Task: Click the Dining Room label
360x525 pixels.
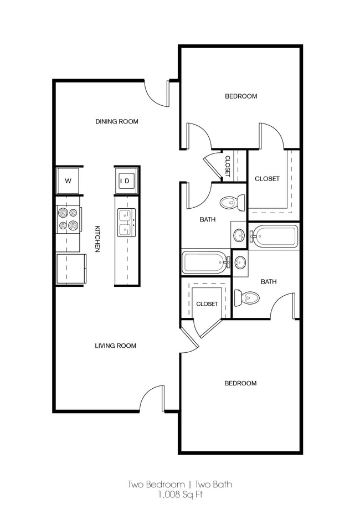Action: (116, 121)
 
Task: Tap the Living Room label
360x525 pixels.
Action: (115, 346)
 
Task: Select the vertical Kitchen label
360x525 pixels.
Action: (97, 239)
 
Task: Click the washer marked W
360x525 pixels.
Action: (68, 181)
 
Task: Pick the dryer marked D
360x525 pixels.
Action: (126, 180)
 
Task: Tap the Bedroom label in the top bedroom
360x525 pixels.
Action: (240, 96)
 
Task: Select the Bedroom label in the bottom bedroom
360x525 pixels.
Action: (240, 383)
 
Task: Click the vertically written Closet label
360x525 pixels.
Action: (227, 166)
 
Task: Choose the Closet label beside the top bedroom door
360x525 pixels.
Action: (267, 179)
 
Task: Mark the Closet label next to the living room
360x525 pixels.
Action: (207, 304)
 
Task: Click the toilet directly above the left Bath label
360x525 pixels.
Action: (232, 203)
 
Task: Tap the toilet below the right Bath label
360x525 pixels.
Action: (246, 298)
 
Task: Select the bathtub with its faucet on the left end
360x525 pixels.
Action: (275, 237)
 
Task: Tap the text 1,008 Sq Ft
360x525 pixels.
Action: (180, 495)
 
